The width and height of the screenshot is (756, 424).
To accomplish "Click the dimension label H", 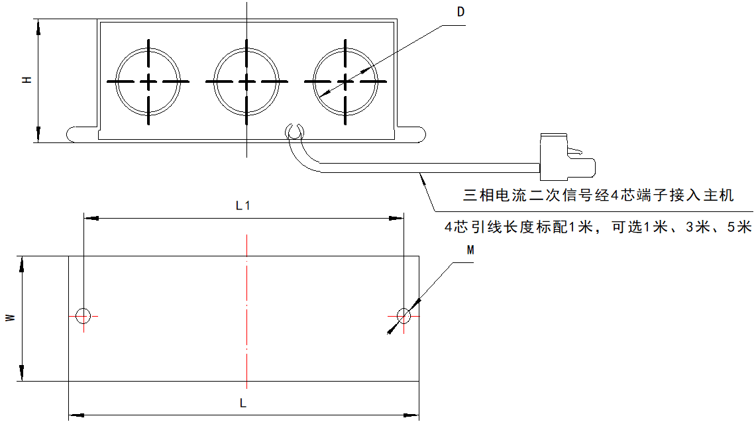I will [27, 80].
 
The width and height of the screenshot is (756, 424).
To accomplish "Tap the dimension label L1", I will [243, 205].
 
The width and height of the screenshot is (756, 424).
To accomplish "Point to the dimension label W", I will [10, 318].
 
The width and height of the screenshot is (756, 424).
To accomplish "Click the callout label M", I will [470, 250].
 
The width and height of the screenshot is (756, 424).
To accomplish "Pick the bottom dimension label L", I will [243, 403].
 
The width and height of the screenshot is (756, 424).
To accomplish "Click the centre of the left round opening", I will [148, 81].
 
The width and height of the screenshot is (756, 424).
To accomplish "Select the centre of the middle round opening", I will [246, 81].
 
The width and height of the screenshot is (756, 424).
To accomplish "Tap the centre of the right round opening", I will [345, 81].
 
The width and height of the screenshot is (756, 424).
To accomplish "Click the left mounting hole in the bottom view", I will [83, 315].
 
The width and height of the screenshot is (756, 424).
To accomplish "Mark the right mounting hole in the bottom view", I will [404, 315].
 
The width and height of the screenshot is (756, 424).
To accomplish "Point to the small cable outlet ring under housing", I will [294, 131].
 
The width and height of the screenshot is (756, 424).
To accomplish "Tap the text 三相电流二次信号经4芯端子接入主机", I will [598, 195].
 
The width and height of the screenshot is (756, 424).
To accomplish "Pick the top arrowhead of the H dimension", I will [38, 26].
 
